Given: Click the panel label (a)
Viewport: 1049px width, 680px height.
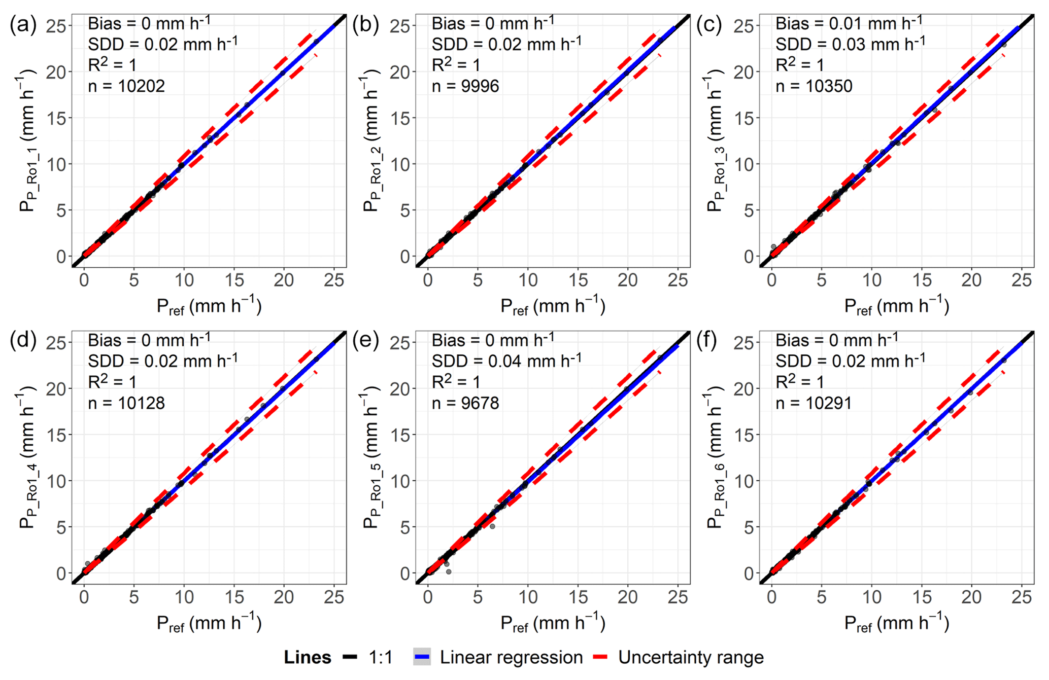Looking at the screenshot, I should [23, 25].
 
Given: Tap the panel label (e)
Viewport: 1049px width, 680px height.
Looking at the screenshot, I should [366, 341].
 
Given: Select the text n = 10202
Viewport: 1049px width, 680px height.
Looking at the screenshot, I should [126, 86].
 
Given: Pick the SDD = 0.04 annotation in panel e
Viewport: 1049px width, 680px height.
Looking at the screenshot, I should [506, 361].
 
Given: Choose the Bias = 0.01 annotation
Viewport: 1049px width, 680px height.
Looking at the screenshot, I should [849, 23].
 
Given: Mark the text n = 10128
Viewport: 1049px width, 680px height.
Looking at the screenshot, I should [126, 403].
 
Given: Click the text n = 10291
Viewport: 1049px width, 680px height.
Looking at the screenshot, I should [814, 403].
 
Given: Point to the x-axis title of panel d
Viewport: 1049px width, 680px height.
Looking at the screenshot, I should [209, 623].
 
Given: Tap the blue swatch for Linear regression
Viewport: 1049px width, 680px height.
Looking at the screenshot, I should [422, 658].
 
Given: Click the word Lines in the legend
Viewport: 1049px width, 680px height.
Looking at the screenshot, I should [307, 658].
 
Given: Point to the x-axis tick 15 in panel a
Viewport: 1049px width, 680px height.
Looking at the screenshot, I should [234, 280].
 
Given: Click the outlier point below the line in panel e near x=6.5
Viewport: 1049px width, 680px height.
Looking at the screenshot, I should [492, 526].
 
